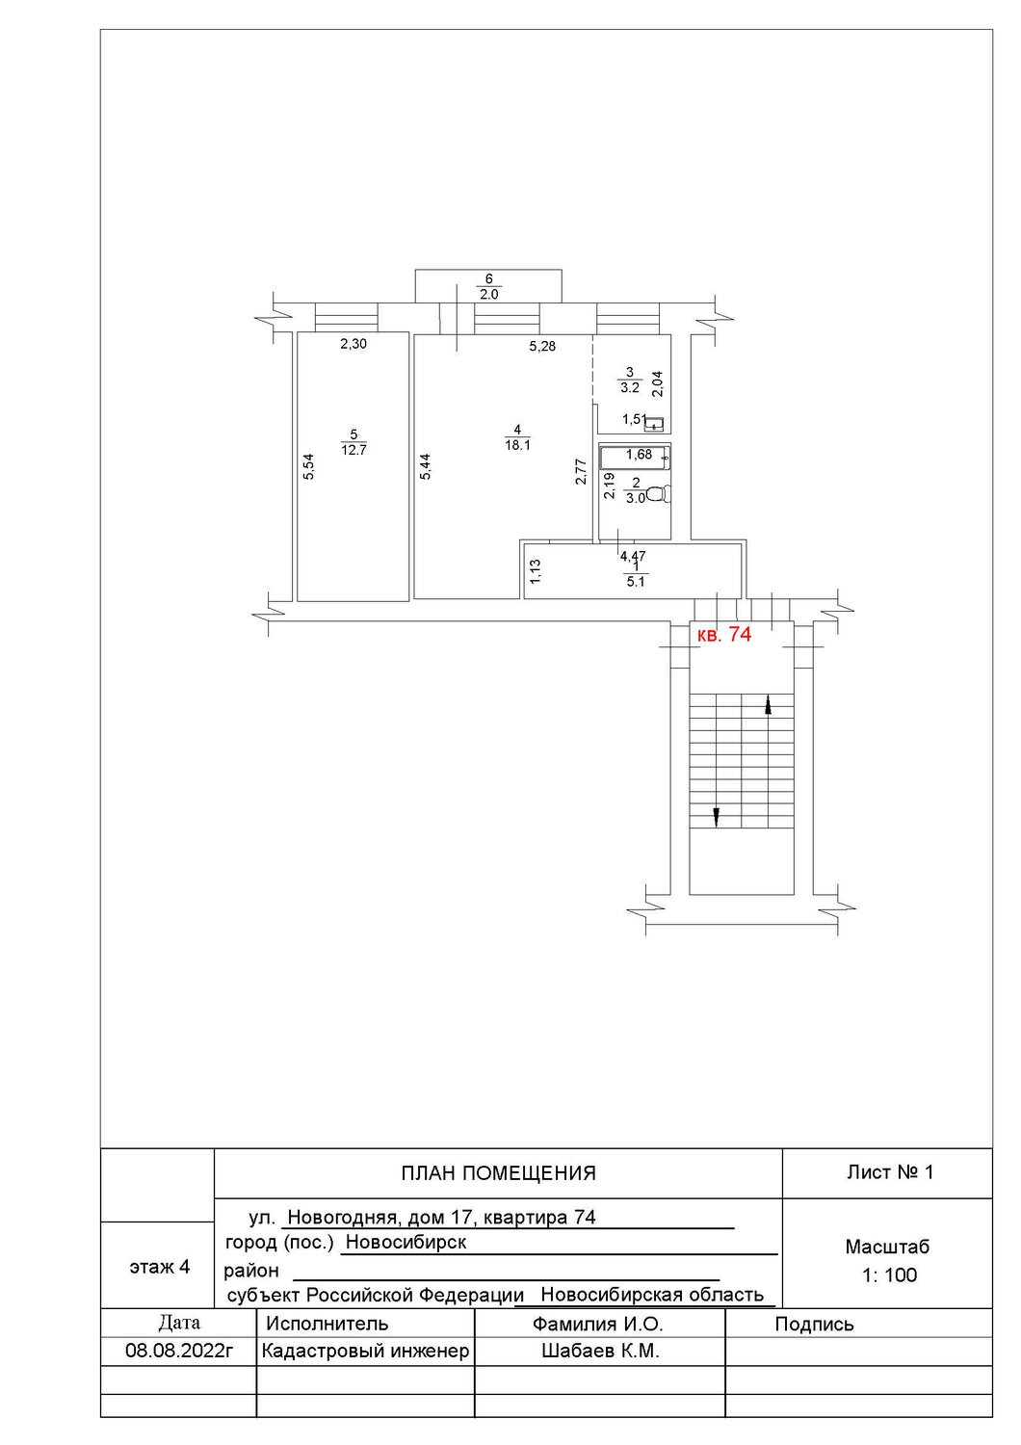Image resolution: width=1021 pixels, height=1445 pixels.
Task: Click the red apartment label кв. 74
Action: [725, 635]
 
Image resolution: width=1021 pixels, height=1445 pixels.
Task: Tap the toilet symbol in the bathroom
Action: [658, 495]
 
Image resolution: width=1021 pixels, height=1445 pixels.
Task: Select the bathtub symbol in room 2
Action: [635, 458]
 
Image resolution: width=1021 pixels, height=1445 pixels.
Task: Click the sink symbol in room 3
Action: [655, 424]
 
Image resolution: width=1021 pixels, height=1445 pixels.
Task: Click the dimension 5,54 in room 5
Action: [309, 466]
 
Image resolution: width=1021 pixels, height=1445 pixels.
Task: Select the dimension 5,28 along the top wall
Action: [542, 347]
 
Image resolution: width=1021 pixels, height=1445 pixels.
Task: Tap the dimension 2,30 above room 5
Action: [353, 344]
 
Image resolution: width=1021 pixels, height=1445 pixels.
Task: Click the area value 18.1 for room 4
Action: [517, 445]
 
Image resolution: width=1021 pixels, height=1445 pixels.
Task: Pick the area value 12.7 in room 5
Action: [354, 450]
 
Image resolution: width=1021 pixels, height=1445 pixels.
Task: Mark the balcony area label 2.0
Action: [489, 295]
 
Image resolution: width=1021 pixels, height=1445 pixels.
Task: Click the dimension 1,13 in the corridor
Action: [535, 571]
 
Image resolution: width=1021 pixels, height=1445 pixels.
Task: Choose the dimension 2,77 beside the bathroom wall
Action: [581, 472]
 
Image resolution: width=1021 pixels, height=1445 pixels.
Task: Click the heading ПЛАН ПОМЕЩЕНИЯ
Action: [499, 1172]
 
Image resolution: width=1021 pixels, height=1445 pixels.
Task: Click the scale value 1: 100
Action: [889, 1274]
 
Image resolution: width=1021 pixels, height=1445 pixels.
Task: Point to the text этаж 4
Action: [160, 1267]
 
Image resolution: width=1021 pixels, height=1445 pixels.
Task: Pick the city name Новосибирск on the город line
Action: [406, 1242]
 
